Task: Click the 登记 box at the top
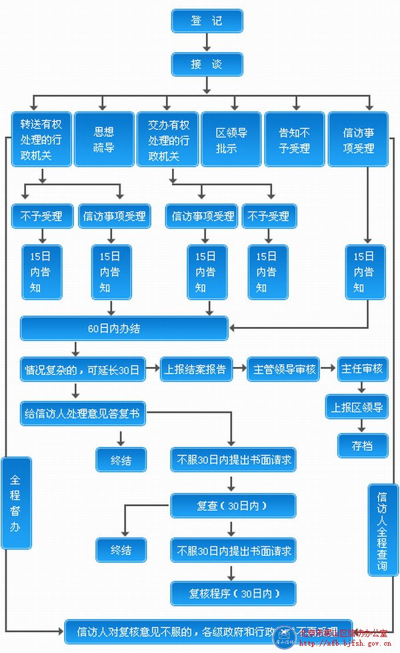(207, 21)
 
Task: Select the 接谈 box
(207, 64)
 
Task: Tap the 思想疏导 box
(104, 139)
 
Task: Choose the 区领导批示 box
(231, 139)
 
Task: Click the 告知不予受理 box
(294, 139)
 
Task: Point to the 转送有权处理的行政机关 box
(41, 139)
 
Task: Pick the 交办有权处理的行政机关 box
(167, 139)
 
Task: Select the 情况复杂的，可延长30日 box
(83, 369)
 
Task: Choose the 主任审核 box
(362, 369)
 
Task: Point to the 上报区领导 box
(357, 407)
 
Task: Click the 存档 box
(361, 446)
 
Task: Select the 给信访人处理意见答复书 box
(83, 414)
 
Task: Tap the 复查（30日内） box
(232, 506)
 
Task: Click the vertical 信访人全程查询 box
(383, 530)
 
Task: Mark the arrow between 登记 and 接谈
(207, 42)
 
